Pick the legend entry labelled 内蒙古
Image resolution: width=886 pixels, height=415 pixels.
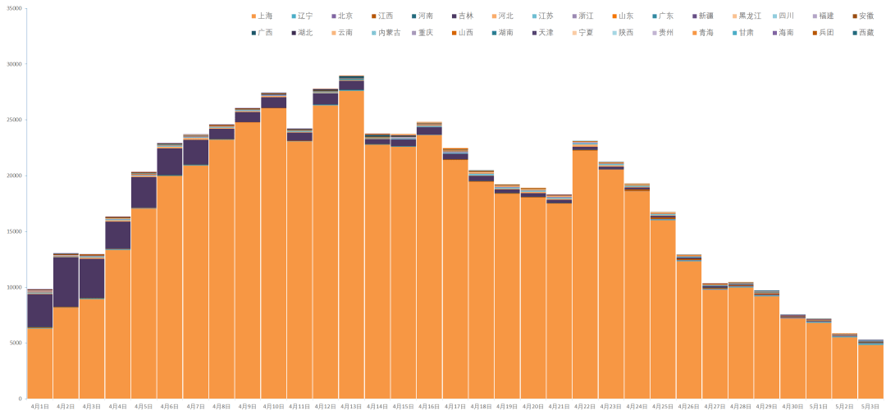(x=385, y=32)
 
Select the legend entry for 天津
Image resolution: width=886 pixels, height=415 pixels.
(x=545, y=32)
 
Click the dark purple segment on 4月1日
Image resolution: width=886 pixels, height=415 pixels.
(x=39, y=311)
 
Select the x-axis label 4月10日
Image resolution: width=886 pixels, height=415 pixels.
(x=273, y=407)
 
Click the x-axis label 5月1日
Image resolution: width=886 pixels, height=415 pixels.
(x=819, y=407)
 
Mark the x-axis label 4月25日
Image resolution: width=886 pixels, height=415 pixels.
(x=663, y=407)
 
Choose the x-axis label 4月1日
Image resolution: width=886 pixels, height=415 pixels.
(x=39, y=407)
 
